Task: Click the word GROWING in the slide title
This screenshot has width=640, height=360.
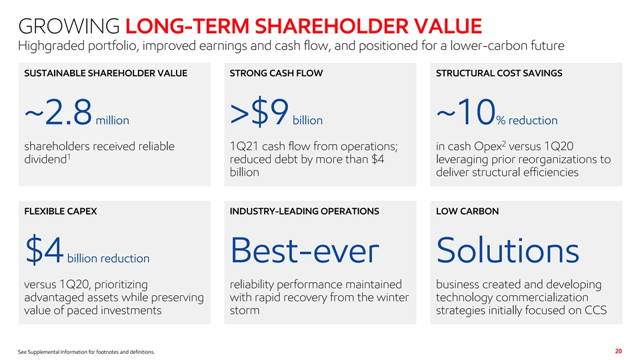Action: pyautogui.click(x=69, y=26)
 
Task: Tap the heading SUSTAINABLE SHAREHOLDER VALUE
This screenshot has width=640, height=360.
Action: pyautogui.click(x=106, y=73)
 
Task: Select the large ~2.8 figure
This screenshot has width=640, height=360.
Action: pyautogui.click(x=59, y=112)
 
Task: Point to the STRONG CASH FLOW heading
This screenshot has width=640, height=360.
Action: pyautogui.click(x=276, y=73)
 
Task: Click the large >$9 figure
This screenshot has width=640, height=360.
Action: pyautogui.click(x=259, y=112)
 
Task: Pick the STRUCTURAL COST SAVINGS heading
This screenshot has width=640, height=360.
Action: pyautogui.click(x=499, y=73)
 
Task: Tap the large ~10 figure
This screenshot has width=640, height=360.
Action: pyautogui.click(x=466, y=112)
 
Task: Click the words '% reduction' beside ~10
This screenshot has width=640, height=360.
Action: pyautogui.click(x=527, y=121)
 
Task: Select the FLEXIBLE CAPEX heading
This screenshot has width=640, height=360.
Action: pyautogui.click(x=61, y=211)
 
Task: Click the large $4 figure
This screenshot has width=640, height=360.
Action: pyautogui.click(x=44, y=249)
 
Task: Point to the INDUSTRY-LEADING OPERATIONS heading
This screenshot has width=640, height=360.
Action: pyautogui.click(x=304, y=211)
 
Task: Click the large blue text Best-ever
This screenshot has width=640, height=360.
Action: pyautogui.click(x=305, y=250)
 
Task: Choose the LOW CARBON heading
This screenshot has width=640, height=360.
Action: pyautogui.click(x=467, y=211)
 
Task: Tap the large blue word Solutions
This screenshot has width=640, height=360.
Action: pyautogui.click(x=507, y=250)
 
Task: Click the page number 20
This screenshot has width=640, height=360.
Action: pyautogui.click(x=619, y=351)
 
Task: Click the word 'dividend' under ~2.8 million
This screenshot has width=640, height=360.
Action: pyautogui.click(x=45, y=159)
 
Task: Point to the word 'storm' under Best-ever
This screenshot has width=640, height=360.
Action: pyautogui.click(x=245, y=310)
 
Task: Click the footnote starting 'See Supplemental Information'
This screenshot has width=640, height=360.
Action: pyautogui.click(x=86, y=352)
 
